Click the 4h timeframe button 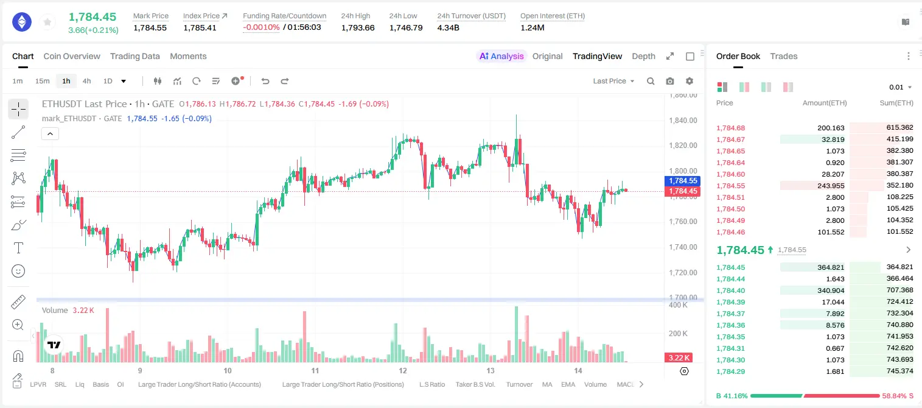(x=86, y=81)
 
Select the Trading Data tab (x=134, y=56)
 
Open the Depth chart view (x=643, y=56)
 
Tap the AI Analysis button (x=501, y=56)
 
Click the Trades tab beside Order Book (x=784, y=56)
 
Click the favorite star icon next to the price (x=47, y=22)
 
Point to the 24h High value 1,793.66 (x=358, y=27)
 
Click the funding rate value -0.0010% (x=261, y=27)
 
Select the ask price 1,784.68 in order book (x=731, y=128)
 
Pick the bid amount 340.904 (x=831, y=290)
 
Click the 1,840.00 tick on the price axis (x=683, y=120)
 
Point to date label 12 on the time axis (x=402, y=370)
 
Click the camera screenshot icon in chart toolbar (x=670, y=81)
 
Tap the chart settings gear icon (x=690, y=81)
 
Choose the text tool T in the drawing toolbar (x=18, y=248)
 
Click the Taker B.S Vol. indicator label (x=475, y=384)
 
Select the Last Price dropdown (x=613, y=81)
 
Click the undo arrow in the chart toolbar (x=265, y=81)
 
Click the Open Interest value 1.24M (x=533, y=27)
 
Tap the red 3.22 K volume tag (x=679, y=357)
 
